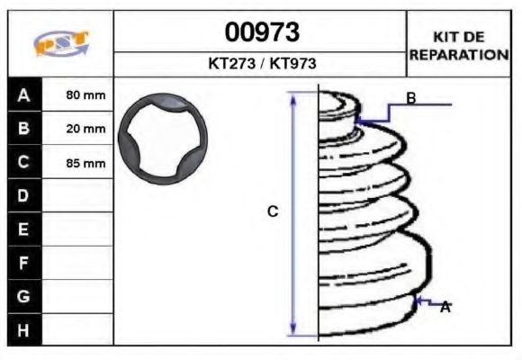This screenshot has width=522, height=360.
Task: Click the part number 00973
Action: pos(261,32)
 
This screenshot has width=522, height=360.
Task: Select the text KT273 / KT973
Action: pos(261,64)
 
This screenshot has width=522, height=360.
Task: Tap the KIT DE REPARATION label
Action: pos(459,46)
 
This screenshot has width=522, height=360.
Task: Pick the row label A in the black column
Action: pos(23,94)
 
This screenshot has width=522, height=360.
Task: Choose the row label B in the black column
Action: pos(23,129)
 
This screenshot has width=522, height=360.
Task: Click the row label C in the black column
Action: pos(23,163)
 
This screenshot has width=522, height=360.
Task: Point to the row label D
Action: pos(23,196)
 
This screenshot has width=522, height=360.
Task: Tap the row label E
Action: pos(23,229)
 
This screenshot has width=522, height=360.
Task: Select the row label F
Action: pos(23,263)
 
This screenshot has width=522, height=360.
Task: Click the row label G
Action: pos(23,296)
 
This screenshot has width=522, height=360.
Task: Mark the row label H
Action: pos(23,330)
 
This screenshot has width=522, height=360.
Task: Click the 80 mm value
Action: pos(86,95)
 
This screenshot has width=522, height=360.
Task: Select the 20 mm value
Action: pos(86,130)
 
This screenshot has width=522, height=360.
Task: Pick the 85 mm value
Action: pos(86,164)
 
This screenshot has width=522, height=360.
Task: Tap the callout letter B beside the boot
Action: pos(410,98)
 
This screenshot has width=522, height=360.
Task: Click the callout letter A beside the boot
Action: pos(445,307)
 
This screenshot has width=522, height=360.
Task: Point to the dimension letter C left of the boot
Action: pos(273,211)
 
